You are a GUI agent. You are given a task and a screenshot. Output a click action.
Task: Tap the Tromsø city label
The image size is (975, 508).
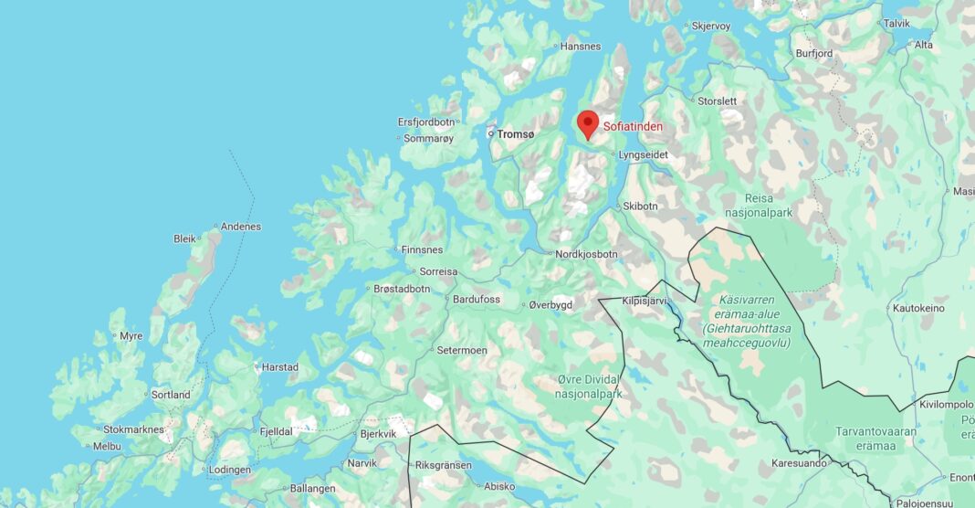pos(516,134)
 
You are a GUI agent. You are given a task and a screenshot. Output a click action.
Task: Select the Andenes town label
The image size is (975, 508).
pos(241,227)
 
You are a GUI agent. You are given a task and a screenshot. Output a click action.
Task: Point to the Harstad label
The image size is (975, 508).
pos(279,367)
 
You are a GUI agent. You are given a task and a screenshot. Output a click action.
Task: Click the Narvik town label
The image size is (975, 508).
pos(362,463)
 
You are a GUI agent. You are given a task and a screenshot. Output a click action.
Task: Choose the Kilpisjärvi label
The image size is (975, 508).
pos(645,300)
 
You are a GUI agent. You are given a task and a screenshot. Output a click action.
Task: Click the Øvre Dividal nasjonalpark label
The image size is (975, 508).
pos(589,387)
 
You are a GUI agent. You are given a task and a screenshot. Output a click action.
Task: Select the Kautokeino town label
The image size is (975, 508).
pos(918,308)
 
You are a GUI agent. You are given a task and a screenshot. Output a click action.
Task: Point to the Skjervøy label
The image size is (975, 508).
pos(711,26)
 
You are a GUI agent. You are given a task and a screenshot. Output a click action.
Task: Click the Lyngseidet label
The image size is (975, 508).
pos(643,155)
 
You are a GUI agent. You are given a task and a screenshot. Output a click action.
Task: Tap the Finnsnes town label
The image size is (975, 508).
pos(422,249)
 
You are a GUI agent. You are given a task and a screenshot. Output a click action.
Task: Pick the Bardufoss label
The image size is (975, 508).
pos(477,299)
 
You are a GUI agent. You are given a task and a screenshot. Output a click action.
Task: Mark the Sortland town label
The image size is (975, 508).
pos(171,395)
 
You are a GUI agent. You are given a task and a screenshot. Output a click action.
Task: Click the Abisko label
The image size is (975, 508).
pos(498,486)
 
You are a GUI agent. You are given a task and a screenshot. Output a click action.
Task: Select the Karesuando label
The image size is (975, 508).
pos(799,463)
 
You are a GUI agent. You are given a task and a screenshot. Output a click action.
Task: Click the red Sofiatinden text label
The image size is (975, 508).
pos(633,127)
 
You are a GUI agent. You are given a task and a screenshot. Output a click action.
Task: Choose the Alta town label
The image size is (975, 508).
pos(924,45)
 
